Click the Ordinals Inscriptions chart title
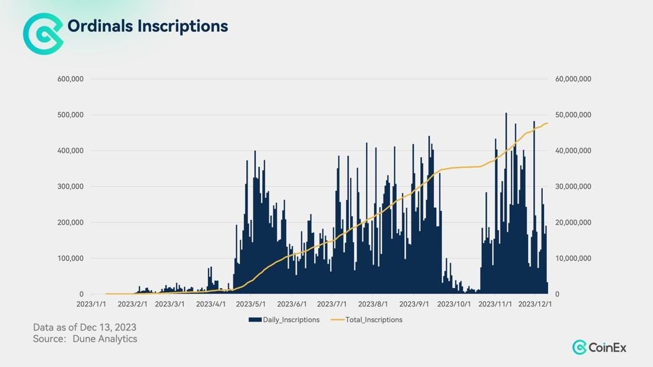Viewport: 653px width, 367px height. tap(147, 26)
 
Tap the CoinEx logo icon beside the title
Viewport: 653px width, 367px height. tap(43, 34)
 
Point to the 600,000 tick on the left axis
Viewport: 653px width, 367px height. tap(70, 79)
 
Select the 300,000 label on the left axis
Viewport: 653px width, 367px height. tap(70, 186)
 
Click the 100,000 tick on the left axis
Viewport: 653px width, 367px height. tap(70, 258)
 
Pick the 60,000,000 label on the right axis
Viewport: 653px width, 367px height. tap(573, 79)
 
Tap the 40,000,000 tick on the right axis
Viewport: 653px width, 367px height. tap(573, 151)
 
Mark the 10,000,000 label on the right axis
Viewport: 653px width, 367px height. tap(573, 258)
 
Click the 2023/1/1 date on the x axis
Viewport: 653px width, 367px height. tap(91, 304)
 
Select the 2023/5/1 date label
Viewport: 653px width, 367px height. tap(250, 304)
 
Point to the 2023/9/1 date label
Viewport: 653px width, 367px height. tap(414, 304)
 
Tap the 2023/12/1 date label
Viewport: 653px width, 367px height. tap(535, 304)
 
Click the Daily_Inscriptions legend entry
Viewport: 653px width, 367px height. tap(284, 319)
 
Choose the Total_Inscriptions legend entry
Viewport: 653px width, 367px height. tap(367, 319)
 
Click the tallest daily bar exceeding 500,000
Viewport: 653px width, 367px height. tap(506, 203)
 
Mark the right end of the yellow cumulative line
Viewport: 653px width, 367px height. tap(548, 123)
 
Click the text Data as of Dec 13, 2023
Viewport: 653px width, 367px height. tap(84, 327)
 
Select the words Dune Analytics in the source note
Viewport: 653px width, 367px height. tap(104, 339)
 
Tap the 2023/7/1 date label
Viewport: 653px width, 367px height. tap(332, 304)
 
